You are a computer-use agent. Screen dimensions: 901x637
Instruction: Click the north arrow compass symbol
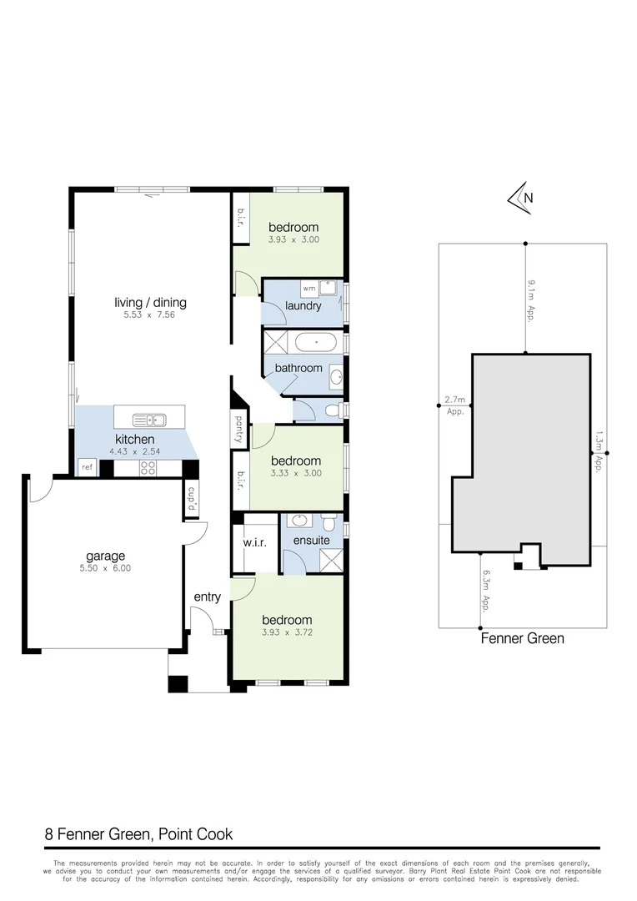click(522, 197)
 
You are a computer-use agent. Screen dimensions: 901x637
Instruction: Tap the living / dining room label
click(150, 303)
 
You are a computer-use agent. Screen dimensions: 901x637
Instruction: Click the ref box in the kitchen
click(87, 468)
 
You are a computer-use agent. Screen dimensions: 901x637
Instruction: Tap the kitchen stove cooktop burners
click(148, 468)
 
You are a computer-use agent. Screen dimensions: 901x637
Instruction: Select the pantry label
click(238, 430)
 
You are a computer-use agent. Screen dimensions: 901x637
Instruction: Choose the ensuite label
click(312, 541)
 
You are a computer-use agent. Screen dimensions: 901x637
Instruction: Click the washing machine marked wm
click(308, 289)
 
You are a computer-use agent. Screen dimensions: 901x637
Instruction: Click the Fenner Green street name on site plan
click(523, 639)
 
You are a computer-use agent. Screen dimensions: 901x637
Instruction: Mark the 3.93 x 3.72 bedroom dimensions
click(288, 632)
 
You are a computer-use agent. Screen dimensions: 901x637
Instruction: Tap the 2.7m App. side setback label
click(455, 405)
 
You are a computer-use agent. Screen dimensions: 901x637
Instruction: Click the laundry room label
click(303, 306)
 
